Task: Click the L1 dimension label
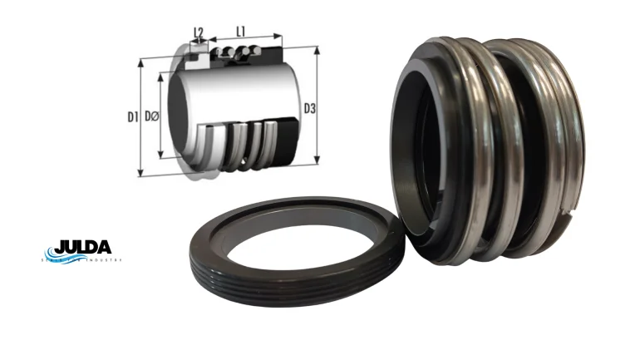(x=241, y=31)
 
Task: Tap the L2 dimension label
(x=199, y=32)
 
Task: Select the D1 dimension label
(x=132, y=117)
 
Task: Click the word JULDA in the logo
(x=82, y=249)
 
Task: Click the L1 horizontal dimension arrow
(x=245, y=38)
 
